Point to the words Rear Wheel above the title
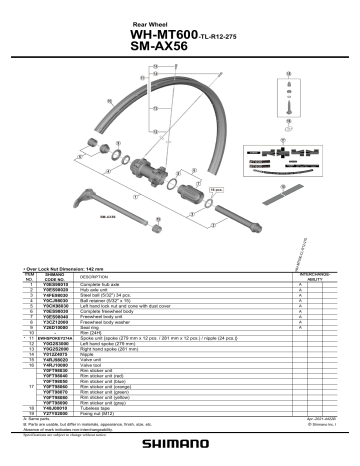(x=150, y=21)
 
